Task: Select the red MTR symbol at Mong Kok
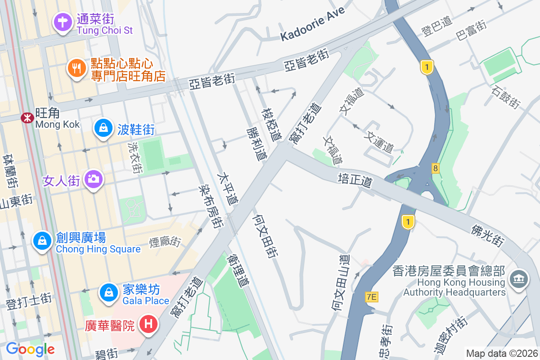pos(27,118)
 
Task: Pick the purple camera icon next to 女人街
pos(94,179)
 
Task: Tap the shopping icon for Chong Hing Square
pos(42,241)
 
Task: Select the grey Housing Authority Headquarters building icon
pos(518,279)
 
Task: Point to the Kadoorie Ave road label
pos(313,24)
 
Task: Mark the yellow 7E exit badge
pos(371,297)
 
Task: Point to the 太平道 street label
pos(227,188)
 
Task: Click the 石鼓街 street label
pos(506,98)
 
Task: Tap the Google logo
pos(30,349)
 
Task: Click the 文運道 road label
pos(380,141)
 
